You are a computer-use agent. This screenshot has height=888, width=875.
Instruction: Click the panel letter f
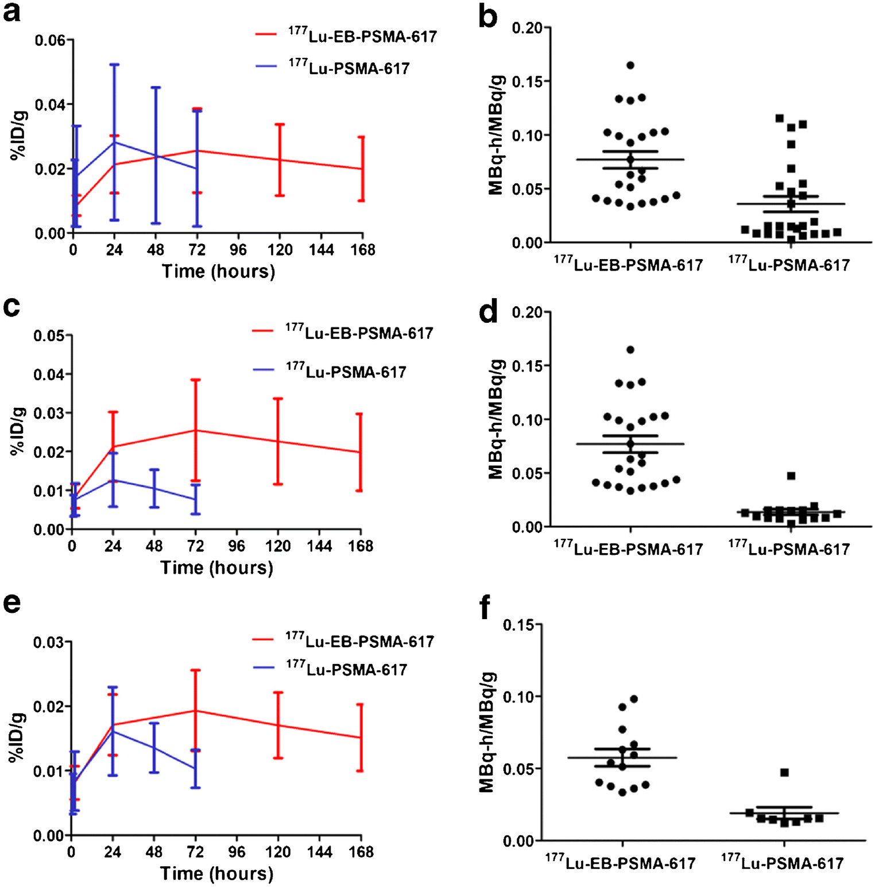(x=485, y=608)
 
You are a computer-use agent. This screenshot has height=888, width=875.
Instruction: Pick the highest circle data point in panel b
(x=630, y=65)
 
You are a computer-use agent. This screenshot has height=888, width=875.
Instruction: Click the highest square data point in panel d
(x=791, y=476)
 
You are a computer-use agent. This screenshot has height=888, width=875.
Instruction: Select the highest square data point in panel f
(x=784, y=773)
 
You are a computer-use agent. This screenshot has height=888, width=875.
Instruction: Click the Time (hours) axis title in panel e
(x=216, y=873)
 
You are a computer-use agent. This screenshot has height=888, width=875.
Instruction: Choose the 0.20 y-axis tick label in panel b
(x=527, y=28)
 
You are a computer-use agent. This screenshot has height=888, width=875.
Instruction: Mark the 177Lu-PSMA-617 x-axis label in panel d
(x=789, y=549)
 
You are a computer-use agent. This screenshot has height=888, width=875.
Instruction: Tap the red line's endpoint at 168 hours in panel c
(x=360, y=452)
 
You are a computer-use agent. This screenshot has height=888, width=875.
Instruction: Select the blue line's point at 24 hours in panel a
(x=114, y=142)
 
